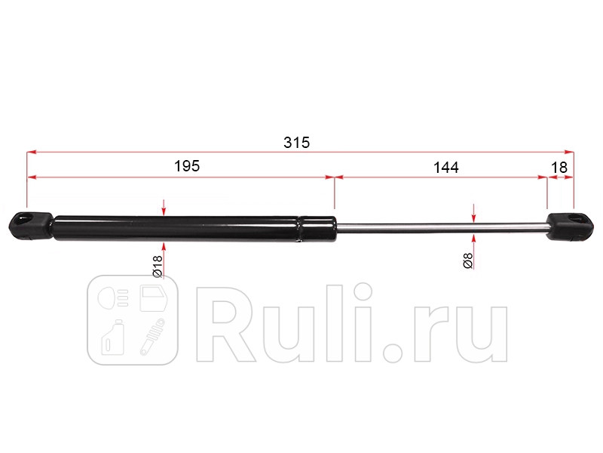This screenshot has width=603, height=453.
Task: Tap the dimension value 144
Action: [445, 166]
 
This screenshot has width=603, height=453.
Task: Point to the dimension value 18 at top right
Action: [560, 166]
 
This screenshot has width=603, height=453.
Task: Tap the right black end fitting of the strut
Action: [569, 226]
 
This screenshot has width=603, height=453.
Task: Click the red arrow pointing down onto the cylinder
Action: [164, 208]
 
